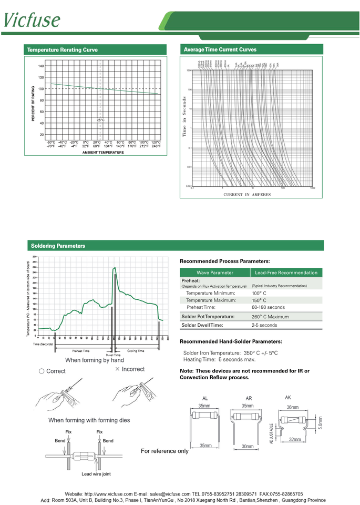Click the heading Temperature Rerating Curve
62,50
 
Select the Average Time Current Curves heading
220,49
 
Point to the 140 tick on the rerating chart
41,66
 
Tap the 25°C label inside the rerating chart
100,120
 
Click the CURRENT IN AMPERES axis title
247,195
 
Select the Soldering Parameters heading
58,246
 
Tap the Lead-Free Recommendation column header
286,272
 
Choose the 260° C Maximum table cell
270,317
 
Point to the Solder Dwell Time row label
201,325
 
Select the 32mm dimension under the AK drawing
294,439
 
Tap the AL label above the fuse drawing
205,398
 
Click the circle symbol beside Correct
42,371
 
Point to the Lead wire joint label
96,474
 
